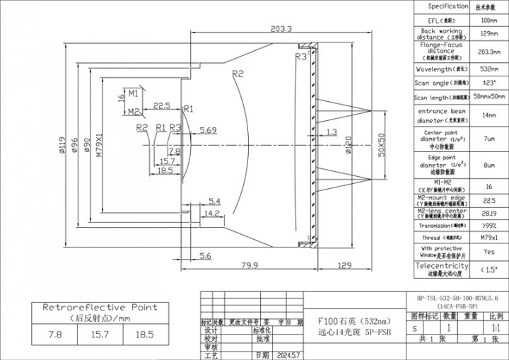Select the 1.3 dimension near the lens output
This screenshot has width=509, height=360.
click(332, 132)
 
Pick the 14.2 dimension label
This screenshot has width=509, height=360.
click(211, 213)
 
